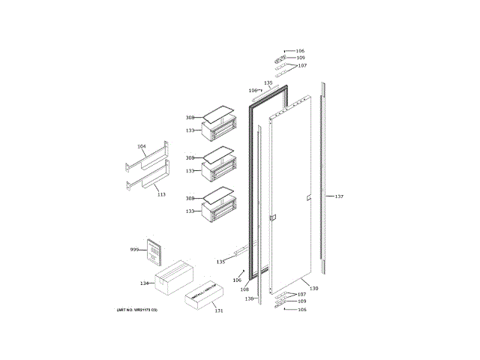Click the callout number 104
tap(141, 146)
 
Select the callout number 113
tap(160, 193)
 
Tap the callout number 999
tap(135, 249)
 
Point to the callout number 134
tap(145, 283)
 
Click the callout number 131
tap(218, 310)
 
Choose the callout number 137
tap(339, 196)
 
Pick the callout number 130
tap(314, 289)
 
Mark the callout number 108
tap(244, 289)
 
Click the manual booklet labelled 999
tap(155, 251)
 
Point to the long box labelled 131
tap(206, 296)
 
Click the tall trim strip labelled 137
tap(323, 180)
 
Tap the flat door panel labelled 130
tap(292, 195)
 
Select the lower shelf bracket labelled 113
tap(148, 182)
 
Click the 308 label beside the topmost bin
tap(190, 118)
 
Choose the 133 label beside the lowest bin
tap(190, 212)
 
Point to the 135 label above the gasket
tap(268, 82)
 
